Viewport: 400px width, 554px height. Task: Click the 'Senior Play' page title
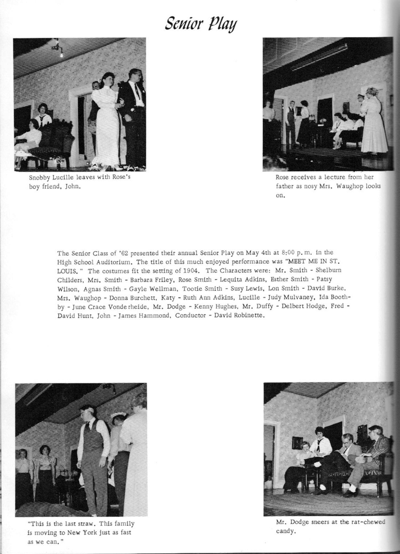(x=201, y=24)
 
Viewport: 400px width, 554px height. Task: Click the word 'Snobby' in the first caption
(x=39, y=177)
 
